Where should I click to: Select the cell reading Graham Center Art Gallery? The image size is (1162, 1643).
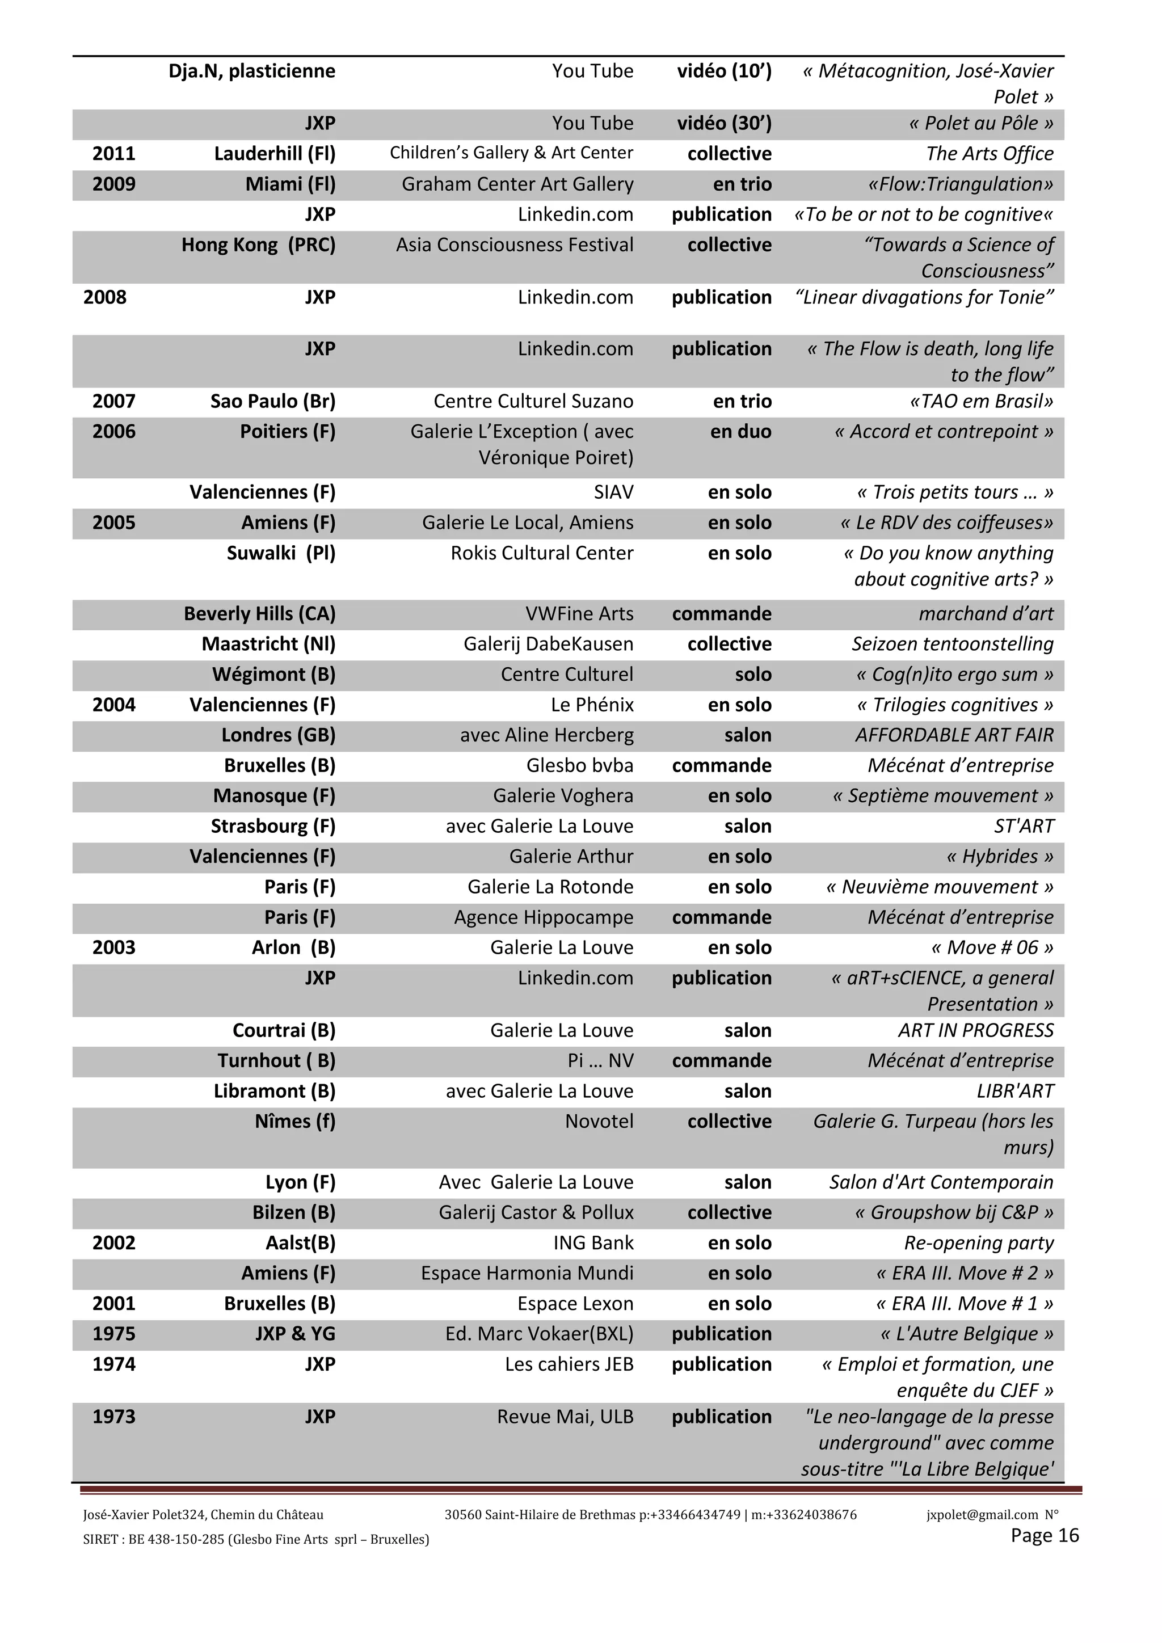point(517,184)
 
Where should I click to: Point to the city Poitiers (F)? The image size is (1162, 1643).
point(288,432)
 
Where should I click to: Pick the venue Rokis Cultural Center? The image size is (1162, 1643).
point(542,553)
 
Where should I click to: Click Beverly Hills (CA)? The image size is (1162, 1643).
point(259,614)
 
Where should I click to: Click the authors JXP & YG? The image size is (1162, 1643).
point(295,1334)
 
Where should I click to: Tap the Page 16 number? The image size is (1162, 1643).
point(1044,1536)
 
